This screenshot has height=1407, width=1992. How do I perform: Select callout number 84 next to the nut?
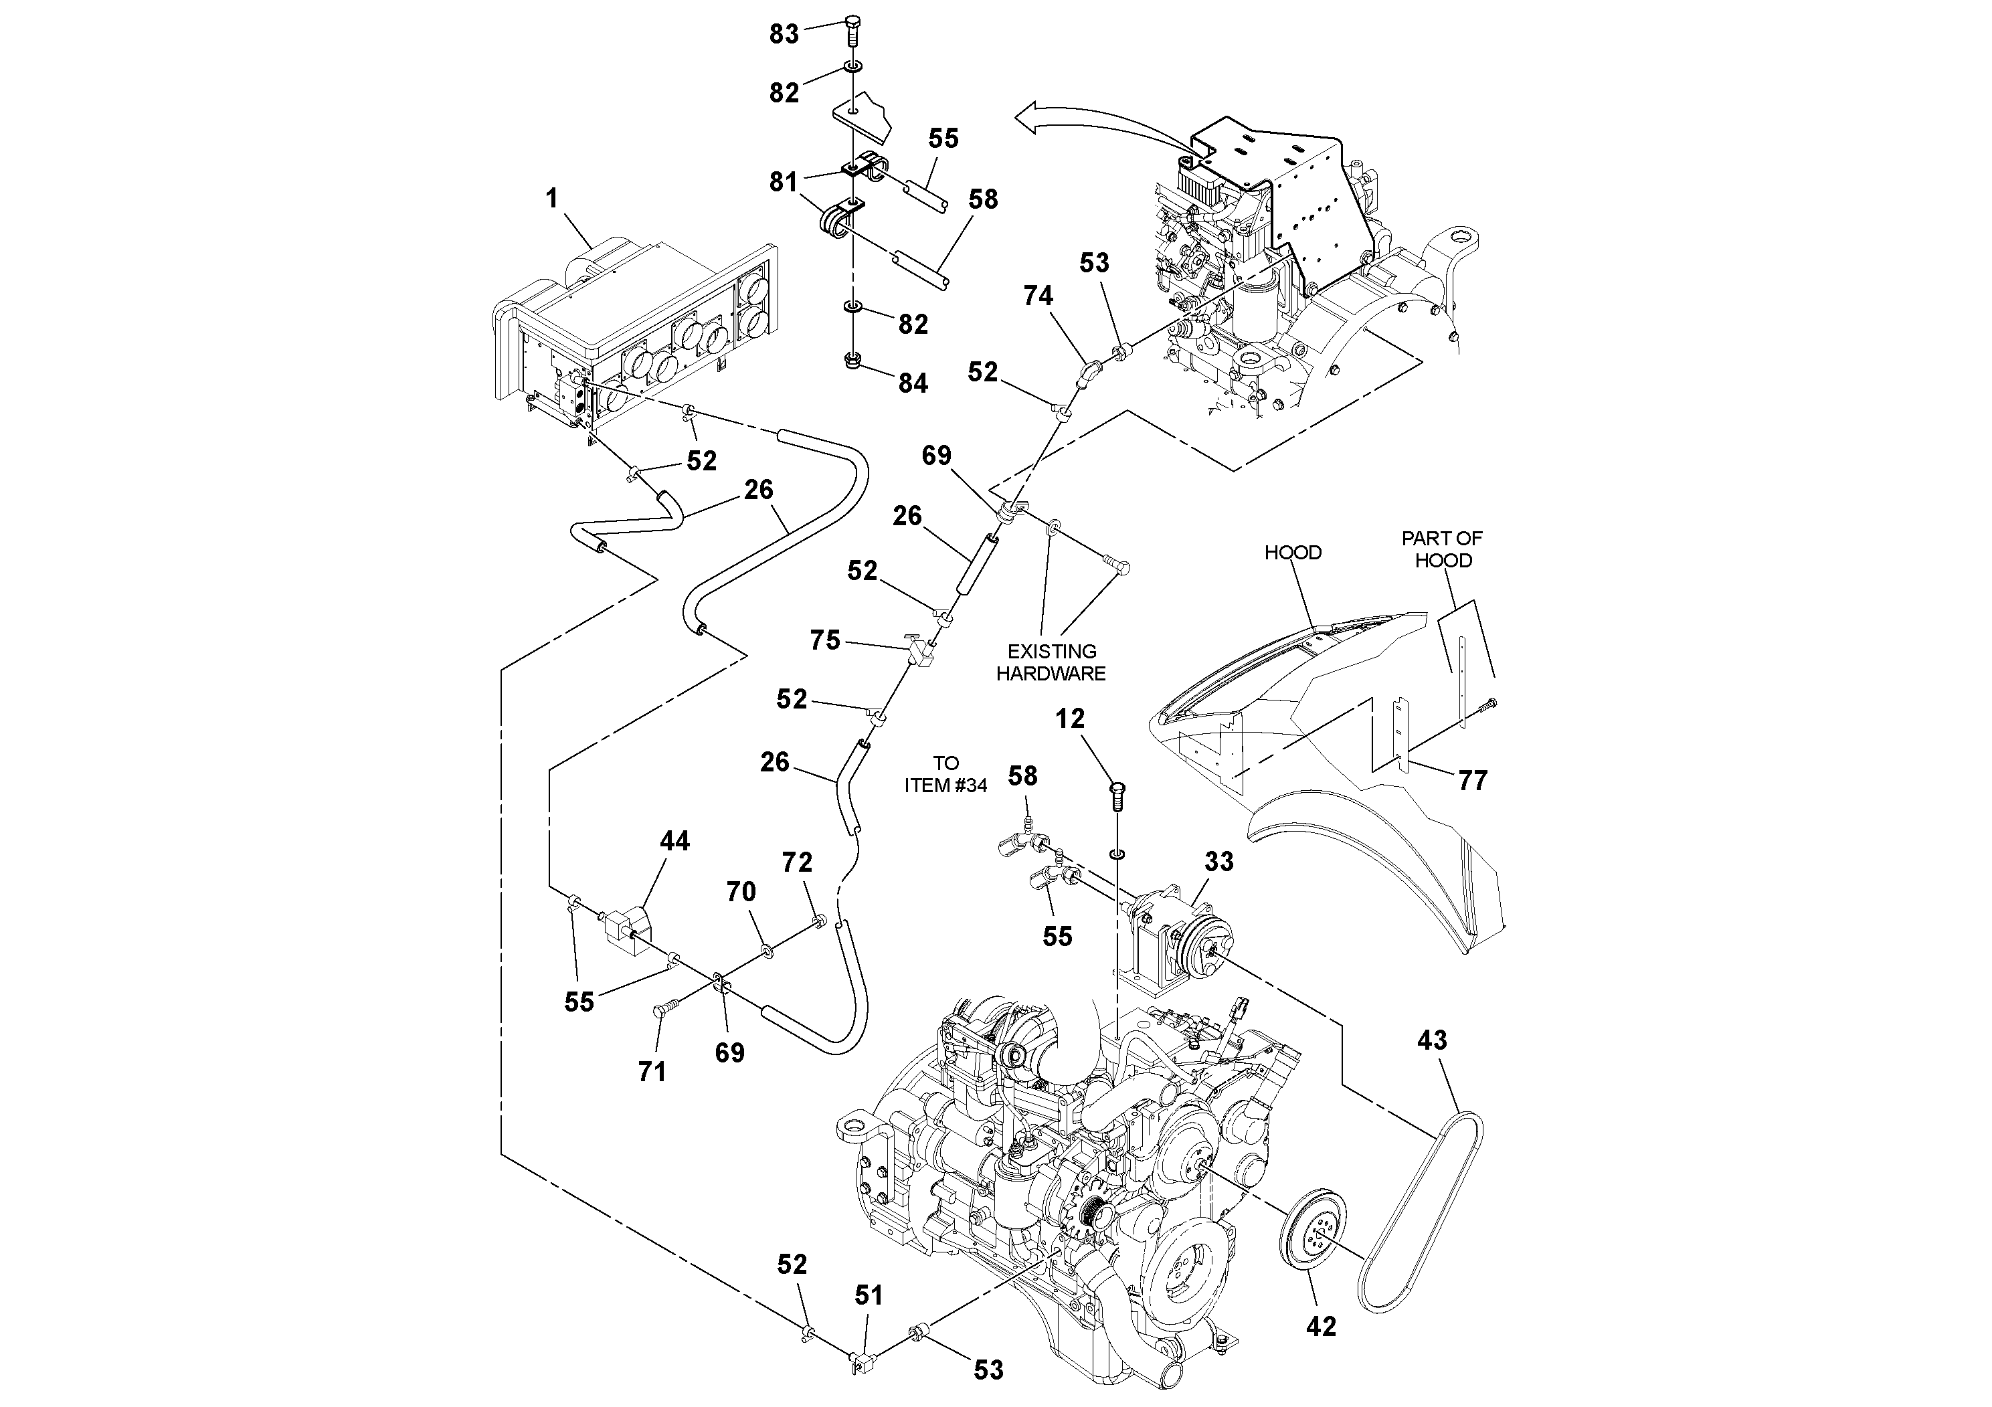point(913,383)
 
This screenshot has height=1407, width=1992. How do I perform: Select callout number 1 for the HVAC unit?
point(552,199)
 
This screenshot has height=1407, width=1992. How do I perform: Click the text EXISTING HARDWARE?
point(1051,662)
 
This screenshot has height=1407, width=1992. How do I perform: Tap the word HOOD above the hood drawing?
point(1293,553)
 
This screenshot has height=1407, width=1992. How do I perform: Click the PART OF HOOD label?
point(1443,549)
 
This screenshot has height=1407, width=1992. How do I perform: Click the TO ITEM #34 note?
point(945,774)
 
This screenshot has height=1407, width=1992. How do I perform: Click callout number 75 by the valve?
point(825,640)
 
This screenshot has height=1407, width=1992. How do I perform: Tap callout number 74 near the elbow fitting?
point(1038,296)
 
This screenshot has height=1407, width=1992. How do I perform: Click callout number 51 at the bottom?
point(869,1295)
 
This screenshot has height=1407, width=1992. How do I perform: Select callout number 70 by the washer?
point(741,891)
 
